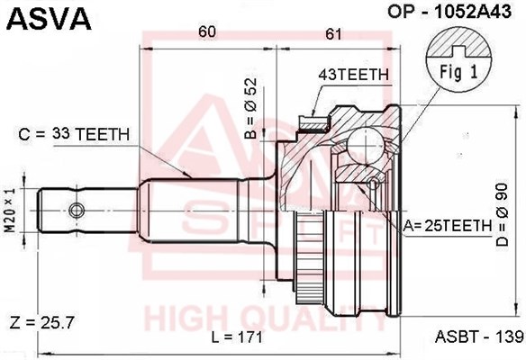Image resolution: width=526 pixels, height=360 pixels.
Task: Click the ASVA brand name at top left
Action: [49, 19]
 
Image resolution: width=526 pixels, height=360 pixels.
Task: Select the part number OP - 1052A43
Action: [449, 12]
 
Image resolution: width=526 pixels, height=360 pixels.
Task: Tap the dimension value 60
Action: [207, 31]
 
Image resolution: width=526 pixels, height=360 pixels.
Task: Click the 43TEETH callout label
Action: [354, 75]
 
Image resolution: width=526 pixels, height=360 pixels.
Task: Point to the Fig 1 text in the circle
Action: [458, 72]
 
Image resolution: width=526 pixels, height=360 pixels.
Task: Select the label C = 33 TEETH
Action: [74, 134]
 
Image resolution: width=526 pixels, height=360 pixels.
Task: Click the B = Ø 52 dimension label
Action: [250, 108]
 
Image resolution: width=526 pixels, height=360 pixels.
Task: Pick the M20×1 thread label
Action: [11, 211]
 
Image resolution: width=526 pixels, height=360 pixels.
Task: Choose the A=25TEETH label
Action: [447, 226]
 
